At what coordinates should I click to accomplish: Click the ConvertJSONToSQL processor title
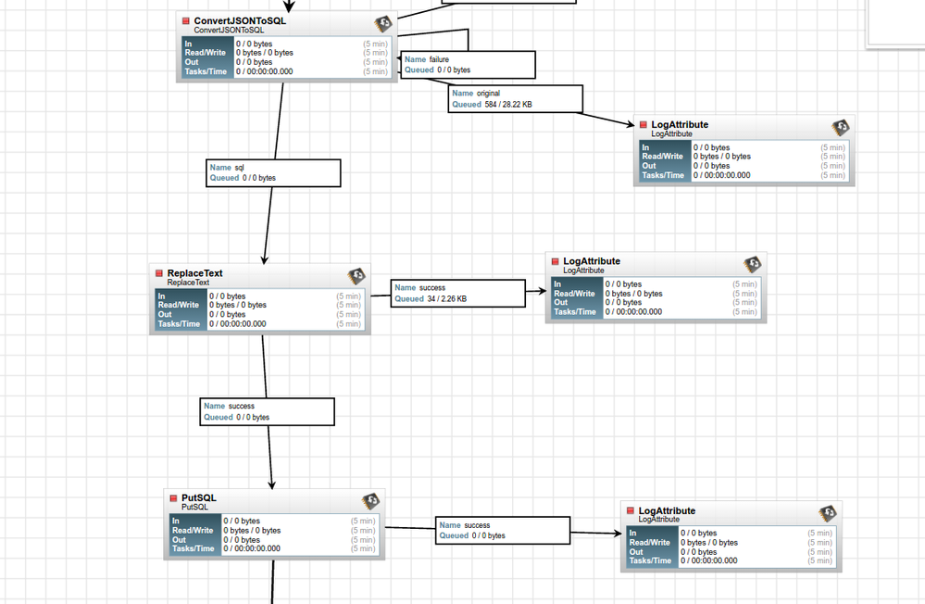tap(240, 20)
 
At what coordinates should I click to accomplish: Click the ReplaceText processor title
tap(194, 273)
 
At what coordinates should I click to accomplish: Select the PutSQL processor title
tap(198, 498)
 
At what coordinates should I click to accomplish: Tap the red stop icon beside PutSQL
tap(173, 498)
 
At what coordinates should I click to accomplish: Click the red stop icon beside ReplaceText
tap(159, 273)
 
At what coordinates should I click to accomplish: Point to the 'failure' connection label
tap(439, 59)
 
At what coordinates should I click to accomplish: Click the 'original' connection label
tap(488, 94)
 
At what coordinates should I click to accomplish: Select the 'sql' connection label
tap(239, 168)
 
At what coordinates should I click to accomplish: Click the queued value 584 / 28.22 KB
tap(508, 105)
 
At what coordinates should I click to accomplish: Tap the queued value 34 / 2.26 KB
tap(446, 299)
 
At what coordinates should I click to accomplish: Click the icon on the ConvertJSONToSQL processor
tap(383, 23)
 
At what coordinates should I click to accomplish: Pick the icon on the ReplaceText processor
tap(356, 276)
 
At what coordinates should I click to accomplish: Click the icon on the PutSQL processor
tap(370, 501)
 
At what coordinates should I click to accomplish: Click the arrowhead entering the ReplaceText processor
tap(265, 259)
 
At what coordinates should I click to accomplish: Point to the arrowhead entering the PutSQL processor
tap(272, 484)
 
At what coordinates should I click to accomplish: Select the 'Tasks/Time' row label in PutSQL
tap(193, 548)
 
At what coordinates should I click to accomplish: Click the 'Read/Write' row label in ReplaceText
tap(179, 305)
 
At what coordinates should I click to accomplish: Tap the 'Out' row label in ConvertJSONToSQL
tap(192, 62)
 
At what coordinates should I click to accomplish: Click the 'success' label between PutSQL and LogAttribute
tap(477, 525)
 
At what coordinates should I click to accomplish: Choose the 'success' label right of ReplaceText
tap(432, 288)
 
